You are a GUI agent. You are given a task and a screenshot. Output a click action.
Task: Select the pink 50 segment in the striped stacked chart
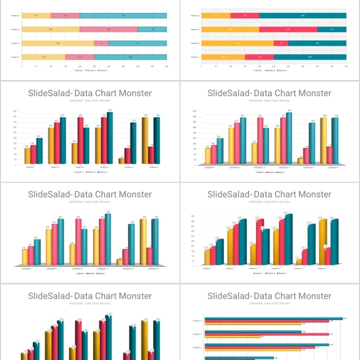[x=102, y=43]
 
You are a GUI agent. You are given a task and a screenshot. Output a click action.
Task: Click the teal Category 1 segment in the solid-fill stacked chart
[x=310, y=57]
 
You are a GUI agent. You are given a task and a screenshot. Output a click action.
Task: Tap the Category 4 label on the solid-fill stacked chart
[x=195, y=15]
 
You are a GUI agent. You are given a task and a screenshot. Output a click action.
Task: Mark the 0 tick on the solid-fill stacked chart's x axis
[x=201, y=66]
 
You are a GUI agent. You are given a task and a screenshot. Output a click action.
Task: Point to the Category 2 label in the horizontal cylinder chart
[x=197, y=348]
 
